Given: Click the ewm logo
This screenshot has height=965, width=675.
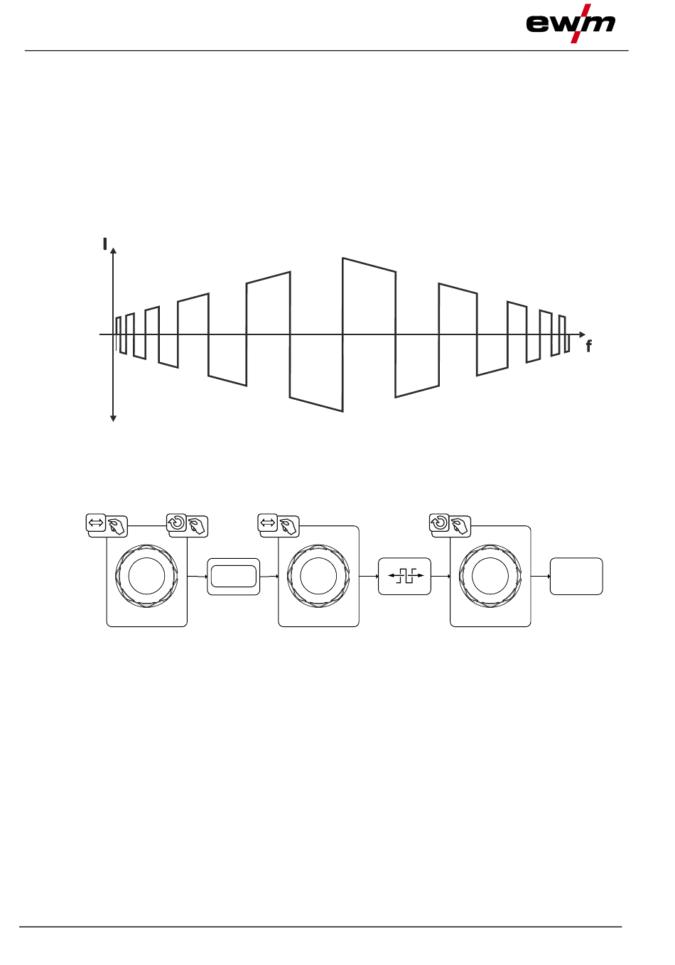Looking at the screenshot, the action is coord(571,23).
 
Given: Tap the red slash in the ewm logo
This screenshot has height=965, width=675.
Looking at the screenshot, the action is coord(581,23).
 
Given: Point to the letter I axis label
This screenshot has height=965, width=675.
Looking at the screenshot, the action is coord(104,244).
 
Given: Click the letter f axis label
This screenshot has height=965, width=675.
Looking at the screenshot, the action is coord(589,346).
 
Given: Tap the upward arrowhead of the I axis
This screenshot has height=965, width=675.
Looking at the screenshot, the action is coord(114,250).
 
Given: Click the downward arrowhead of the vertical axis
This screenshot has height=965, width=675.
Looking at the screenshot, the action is coord(114,419).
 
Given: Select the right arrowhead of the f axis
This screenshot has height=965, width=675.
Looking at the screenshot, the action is coord(583,334).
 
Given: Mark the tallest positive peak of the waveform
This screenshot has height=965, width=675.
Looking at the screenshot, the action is coord(343,258).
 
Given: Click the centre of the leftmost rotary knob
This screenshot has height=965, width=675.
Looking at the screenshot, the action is coord(146,576).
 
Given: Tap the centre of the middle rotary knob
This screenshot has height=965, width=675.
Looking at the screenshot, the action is coord(318,576).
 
